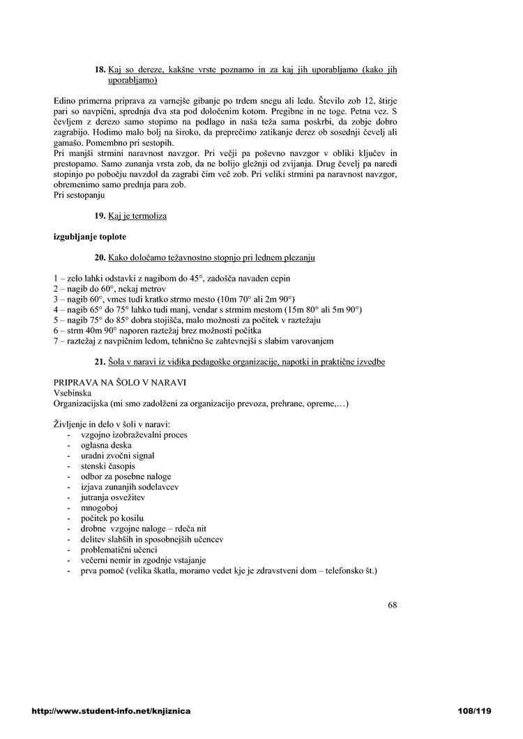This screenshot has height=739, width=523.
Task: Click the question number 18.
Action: [x=100, y=70]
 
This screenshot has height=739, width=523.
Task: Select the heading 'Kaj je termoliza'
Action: [x=137, y=216]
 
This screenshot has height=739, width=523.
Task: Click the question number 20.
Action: [x=99, y=258]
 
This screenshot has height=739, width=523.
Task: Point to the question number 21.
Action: [x=99, y=362]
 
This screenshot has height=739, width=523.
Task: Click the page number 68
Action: [x=393, y=605]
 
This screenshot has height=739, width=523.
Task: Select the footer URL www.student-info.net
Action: [x=111, y=711]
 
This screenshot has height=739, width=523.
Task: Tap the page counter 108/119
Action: [x=473, y=711]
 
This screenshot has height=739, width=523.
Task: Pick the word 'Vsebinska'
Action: [x=73, y=394]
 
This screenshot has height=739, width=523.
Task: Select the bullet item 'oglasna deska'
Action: [x=107, y=445]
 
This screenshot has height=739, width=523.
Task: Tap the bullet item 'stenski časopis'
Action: [x=108, y=466]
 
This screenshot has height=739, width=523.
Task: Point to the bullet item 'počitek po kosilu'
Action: [x=112, y=518]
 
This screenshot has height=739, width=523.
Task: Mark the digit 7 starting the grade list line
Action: [x=56, y=341]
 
